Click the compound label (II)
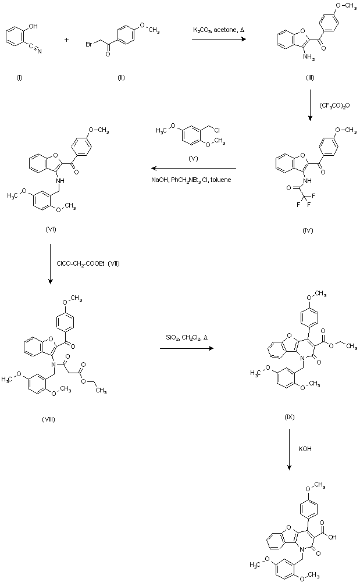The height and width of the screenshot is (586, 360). click(120, 78)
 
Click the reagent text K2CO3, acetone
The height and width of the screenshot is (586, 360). click(216, 29)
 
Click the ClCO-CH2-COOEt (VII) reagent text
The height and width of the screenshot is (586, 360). click(88, 264)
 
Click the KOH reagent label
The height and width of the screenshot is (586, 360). click(306, 449)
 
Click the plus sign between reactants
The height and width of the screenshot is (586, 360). click(66, 40)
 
